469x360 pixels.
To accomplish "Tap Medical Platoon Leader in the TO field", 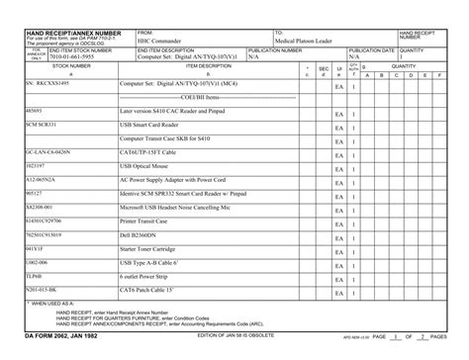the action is click(304, 42).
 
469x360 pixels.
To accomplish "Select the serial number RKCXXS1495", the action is click(49, 86).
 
